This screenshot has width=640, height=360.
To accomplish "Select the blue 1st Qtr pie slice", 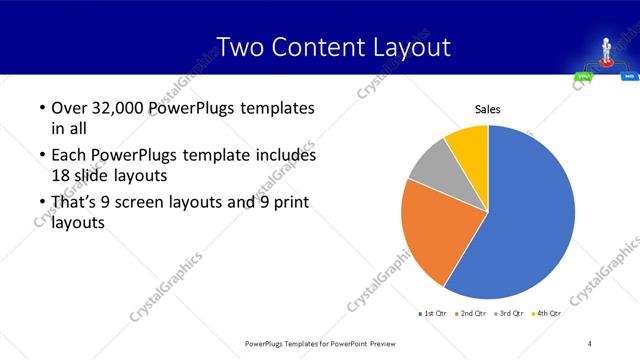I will (x=530, y=215).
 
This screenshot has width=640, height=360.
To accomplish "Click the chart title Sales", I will (x=487, y=109).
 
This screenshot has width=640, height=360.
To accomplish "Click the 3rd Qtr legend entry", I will (x=510, y=313).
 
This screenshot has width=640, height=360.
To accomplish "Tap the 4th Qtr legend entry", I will (x=548, y=313).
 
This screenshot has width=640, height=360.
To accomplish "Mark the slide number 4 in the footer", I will (x=589, y=343).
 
